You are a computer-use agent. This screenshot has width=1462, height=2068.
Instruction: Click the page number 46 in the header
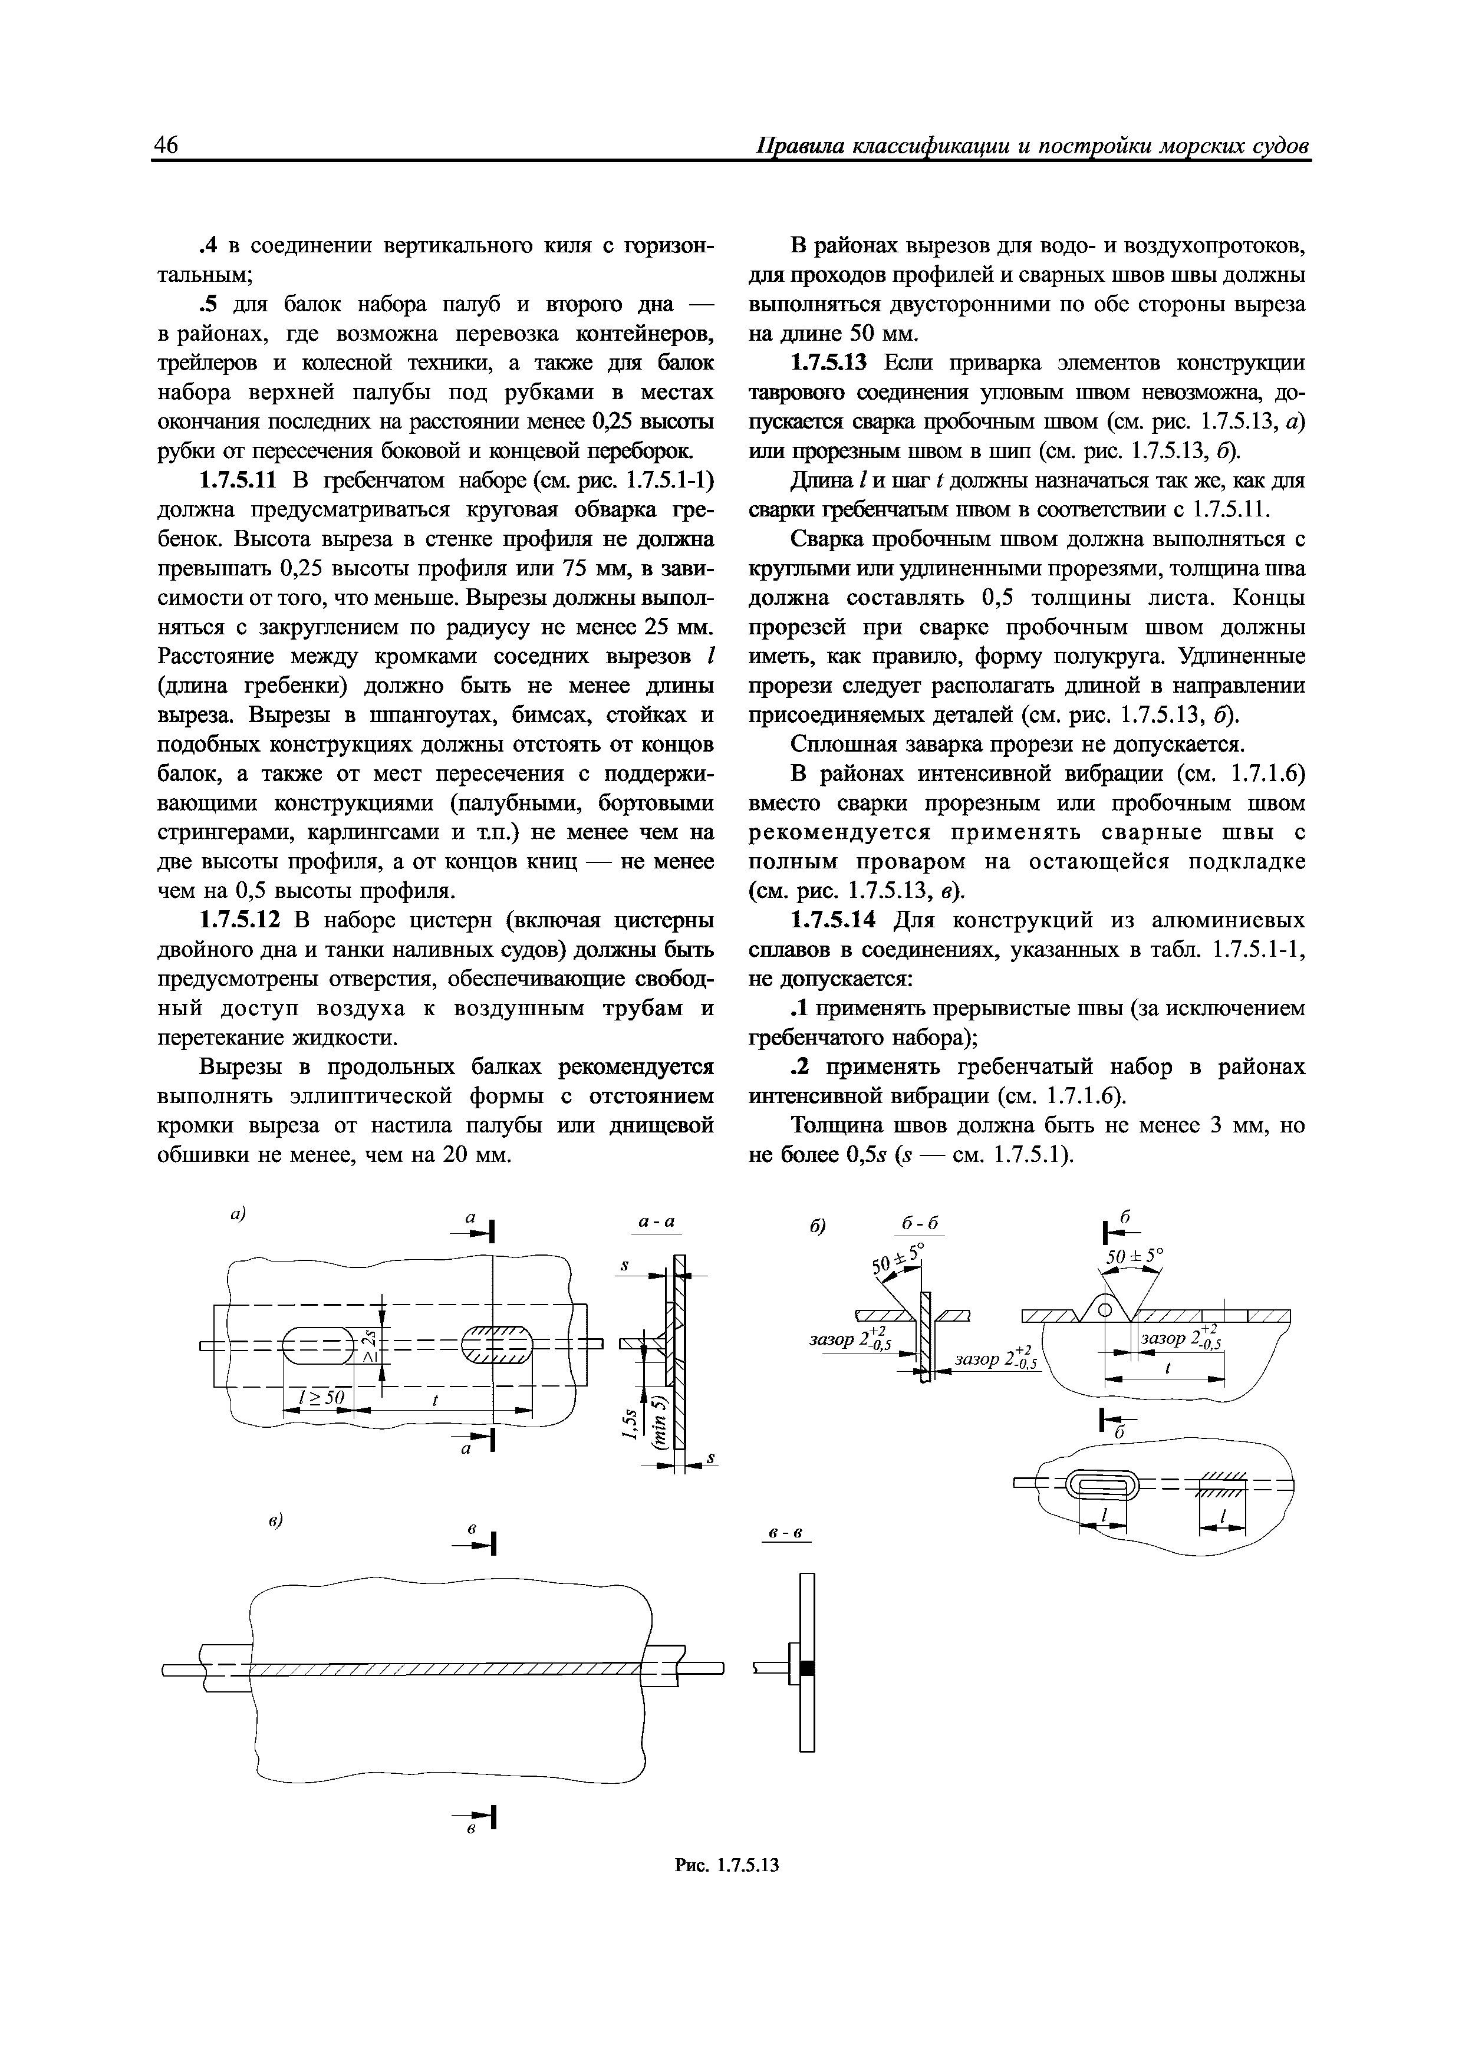click(x=167, y=146)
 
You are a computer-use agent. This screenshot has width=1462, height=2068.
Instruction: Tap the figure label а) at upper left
click(x=237, y=1214)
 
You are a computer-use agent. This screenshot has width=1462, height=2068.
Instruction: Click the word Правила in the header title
click(x=799, y=147)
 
